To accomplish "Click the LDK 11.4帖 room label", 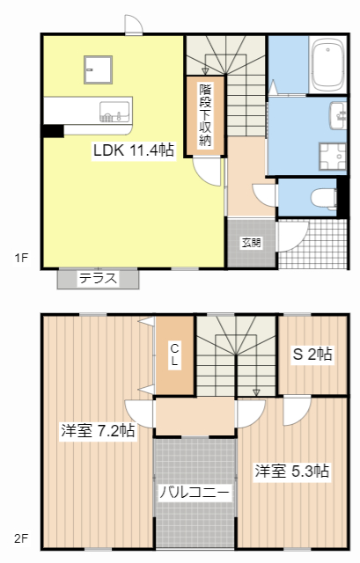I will tap(134, 150).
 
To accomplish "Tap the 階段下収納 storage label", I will tap(205, 114).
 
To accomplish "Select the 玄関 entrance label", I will tap(251, 243).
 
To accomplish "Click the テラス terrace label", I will tap(99, 278).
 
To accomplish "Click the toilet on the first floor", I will tap(327, 196).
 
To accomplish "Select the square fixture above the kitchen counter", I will tap(97, 68).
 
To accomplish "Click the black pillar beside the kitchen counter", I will tap(53, 131).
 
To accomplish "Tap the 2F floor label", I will tap(20, 537).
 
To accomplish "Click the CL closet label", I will tap(174, 355).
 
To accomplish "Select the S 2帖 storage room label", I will tap(312, 355).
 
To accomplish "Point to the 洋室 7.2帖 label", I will tap(97, 431).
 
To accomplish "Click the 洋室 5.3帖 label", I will tap(293, 471).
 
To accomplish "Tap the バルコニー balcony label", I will tap(195, 493).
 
